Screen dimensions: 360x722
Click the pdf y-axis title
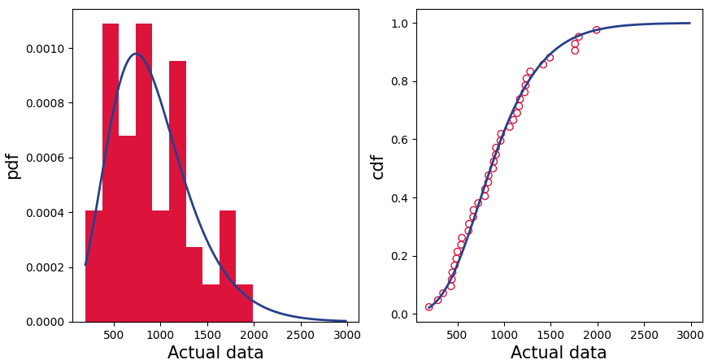pyautogui.click(x=13, y=165)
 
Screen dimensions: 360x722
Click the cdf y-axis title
pyautogui.click(x=378, y=167)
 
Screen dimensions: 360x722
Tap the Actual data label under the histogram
pyautogui.click(x=215, y=353)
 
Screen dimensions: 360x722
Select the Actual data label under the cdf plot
pyautogui.click(x=559, y=353)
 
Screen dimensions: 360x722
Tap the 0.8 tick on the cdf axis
pyautogui.click(x=398, y=81)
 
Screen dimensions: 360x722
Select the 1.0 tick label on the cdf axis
pyautogui.click(x=398, y=24)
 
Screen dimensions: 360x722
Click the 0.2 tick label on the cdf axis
pyautogui.click(x=398, y=256)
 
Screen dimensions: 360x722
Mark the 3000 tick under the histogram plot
pyautogui.click(x=347, y=334)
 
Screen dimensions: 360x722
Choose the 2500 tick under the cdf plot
pyautogui.click(x=644, y=334)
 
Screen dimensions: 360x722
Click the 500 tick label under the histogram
pyautogui.click(x=114, y=334)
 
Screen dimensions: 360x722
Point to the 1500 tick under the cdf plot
pyautogui.click(x=550, y=334)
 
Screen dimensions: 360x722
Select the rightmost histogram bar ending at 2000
pyautogui.click(x=244, y=302)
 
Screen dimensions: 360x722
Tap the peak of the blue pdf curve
pyautogui.click(x=136, y=54)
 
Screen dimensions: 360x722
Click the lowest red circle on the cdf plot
pyautogui.click(x=429, y=307)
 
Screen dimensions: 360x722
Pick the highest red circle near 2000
pyautogui.click(x=596, y=30)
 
